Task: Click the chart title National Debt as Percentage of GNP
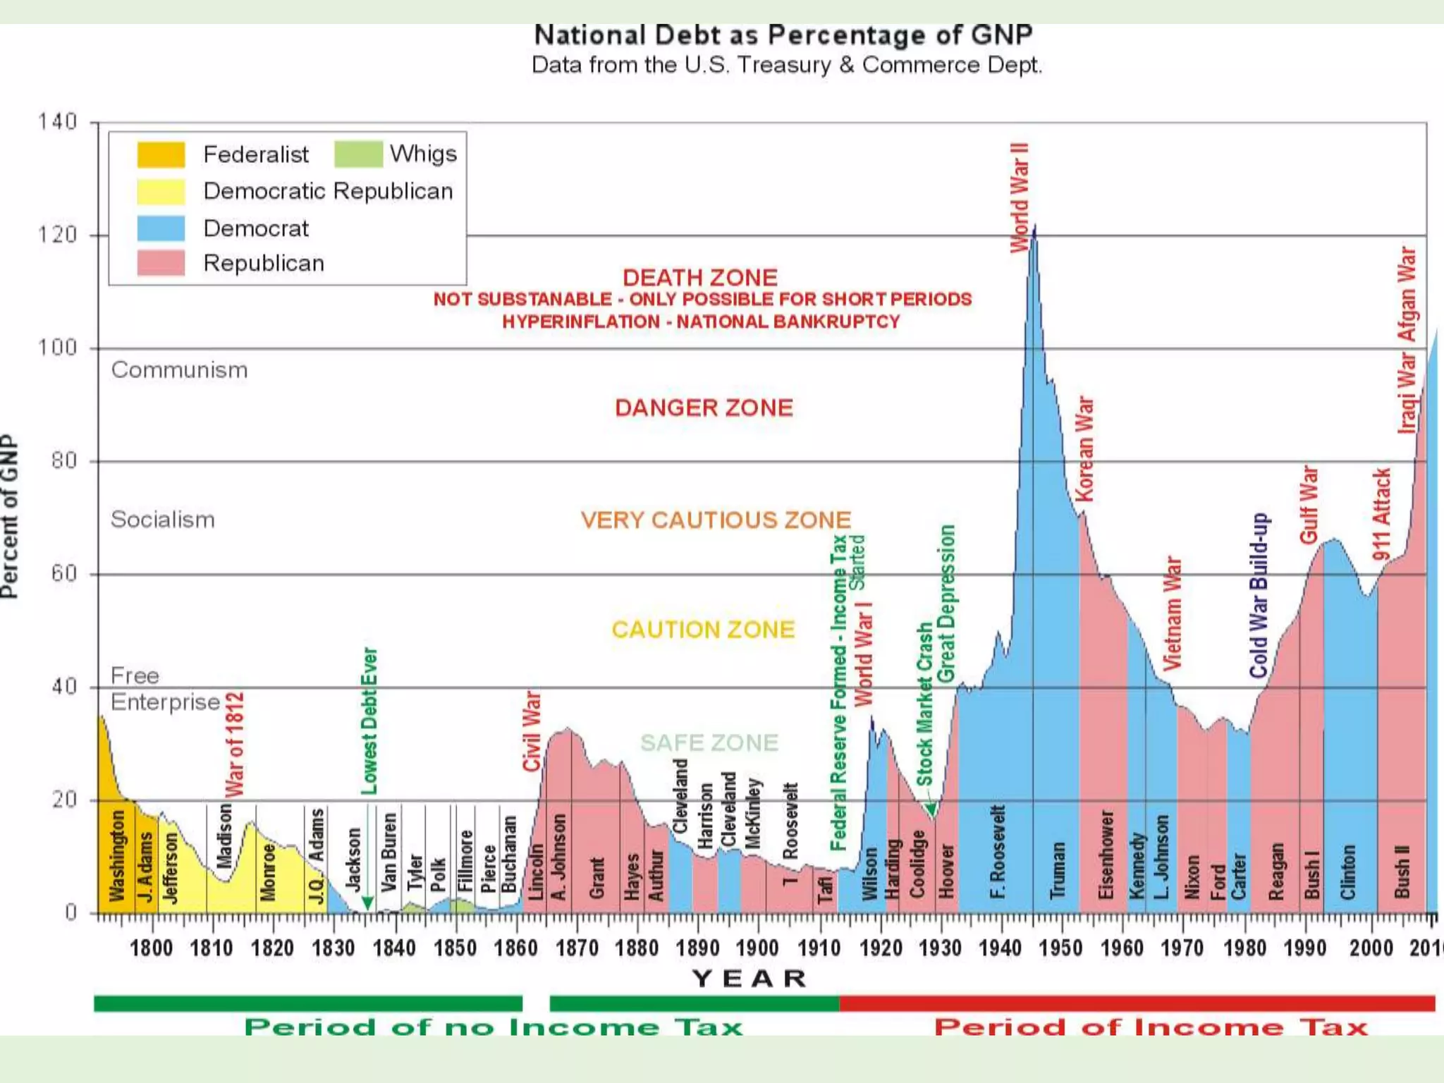pyautogui.click(x=783, y=35)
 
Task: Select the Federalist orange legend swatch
pyautogui.click(x=161, y=154)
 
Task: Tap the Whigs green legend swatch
pyautogui.click(x=358, y=154)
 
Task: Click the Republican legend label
pyautogui.click(x=264, y=263)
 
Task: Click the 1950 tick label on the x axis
pyautogui.click(x=1060, y=948)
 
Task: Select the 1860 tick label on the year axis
pyautogui.click(x=515, y=948)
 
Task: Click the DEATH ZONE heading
pyautogui.click(x=699, y=277)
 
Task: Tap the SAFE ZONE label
pyautogui.click(x=709, y=742)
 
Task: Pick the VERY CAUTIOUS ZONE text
pyautogui.click(x=715, y=520)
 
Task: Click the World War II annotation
pyautogui.click(x=1020, y=197)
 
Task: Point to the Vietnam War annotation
pyautogui.click(x=1171, y=613)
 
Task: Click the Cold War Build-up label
pyautogui.click(x=1259, y=596)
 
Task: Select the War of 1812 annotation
pyautogui.click(x=234, y=744)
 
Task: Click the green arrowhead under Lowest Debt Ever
pyautogui.click(x=367, y=903)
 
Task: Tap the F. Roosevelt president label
pyautogui.click(x=997, y=852)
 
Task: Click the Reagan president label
pyautogui.click(x=1275, y=871)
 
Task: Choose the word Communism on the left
pyautogui.click(x=179, y=370)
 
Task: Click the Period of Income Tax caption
pyautogui.click(x=1150, y=1027)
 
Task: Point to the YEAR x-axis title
pyautogui.click(x=749, y=979)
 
